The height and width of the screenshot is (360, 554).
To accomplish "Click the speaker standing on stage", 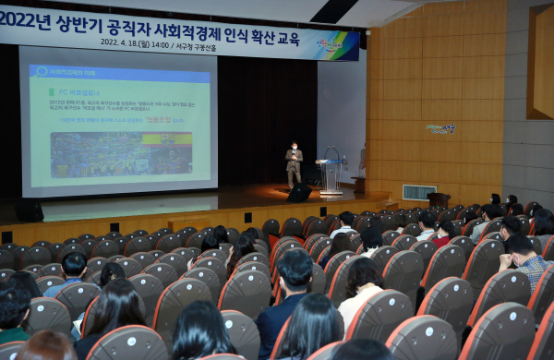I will (x=294, y=164).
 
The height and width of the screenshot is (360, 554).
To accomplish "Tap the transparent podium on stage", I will (x=330, y=175).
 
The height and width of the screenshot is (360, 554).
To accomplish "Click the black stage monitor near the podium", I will (x=299, y=193).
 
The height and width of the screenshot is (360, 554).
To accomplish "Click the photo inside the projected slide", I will (x=108, y=153).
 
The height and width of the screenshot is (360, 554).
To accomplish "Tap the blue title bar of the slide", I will (x=119, y=72).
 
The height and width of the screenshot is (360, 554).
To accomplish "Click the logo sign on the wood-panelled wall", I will (x=440, y=128).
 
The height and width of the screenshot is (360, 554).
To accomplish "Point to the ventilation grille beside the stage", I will (x=419, y=192).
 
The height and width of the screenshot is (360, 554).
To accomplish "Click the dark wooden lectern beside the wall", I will (x=439, y=199).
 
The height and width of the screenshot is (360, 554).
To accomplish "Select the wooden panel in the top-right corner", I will (x=539, y=59).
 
